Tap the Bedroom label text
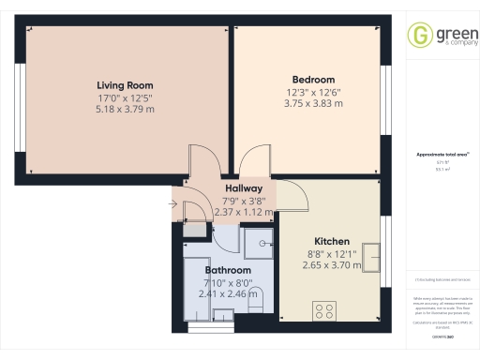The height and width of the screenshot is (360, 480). (313, 80)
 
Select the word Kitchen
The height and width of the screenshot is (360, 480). (332, 241)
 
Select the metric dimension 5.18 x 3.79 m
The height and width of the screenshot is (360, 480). (125, 109)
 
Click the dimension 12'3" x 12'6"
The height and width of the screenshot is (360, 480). (313, 92)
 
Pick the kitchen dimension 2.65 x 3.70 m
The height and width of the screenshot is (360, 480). (332, 265)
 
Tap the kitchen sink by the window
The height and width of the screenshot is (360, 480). (371, 256)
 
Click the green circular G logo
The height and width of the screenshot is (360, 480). (417, 36)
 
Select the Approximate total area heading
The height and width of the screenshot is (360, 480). (436, 155)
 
